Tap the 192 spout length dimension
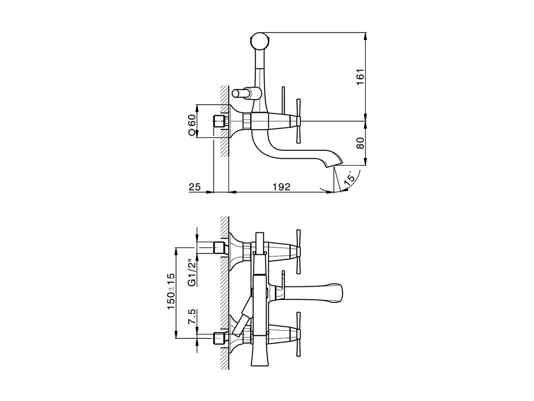282,187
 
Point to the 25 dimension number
195,187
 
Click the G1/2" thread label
191,272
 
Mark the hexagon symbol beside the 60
191,132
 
